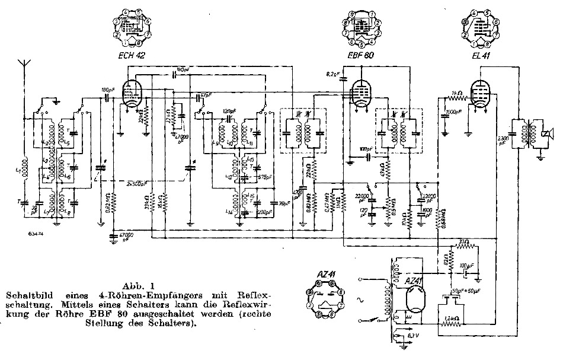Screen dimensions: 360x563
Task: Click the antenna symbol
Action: click(24, 64)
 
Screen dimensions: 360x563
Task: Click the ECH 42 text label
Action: click(132, 55)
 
